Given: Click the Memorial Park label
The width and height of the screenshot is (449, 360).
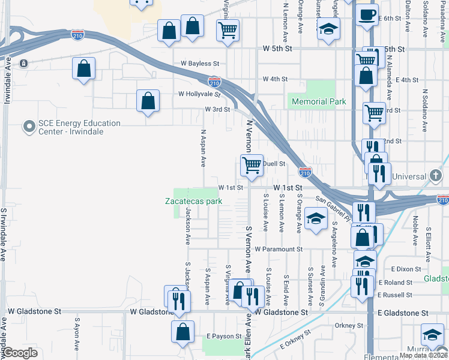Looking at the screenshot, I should point(319,101).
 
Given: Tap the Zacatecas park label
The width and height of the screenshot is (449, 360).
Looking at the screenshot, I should point(194,201).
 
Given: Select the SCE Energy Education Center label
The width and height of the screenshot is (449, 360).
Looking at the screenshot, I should point(79,127).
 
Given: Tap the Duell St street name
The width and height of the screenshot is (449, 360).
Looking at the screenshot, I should point(273,163).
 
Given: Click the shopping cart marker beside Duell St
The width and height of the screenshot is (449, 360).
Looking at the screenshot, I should point(252,165).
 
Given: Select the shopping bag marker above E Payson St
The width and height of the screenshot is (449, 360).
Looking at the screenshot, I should point(182,332).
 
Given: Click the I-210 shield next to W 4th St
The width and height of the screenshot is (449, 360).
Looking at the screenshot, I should point(215,80).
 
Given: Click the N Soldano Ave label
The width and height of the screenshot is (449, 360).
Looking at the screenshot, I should point(424,112).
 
